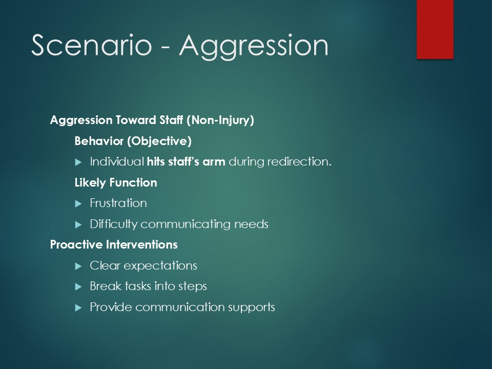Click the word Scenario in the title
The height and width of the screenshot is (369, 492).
pyautogui.click(x=92, y=45)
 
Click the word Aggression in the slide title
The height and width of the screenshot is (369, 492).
pyautogui.click(x=254, y=47)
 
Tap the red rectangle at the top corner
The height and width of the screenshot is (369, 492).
pyautogui.click(x=435, y=29)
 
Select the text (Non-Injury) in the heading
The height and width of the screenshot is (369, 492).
pyautogui.click(x=220, y=120)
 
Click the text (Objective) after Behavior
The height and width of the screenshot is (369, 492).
pyautogui.click(x=159, y=141)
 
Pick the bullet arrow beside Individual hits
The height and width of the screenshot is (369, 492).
pyautogui.click(x=78, y=162)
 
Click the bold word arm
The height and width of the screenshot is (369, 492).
pyautogui.click(x=214, y=162)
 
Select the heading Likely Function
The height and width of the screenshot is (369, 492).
pyautogui.click(x=116, y=182)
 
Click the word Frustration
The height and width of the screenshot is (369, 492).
pyautogui.click(x=118, y=203)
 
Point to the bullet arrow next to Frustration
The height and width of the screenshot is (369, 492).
pyautogui.click(x=78, y=204)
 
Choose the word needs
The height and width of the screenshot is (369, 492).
pyautogui.click(x=251, y=224)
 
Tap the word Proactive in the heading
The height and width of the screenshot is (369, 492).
pyautogui.click(x=76, y=245)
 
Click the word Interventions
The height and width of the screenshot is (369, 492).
pyautogui.click(x=142, y=245)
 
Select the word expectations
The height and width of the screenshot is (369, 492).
pyautogui.click(x=160, y=266)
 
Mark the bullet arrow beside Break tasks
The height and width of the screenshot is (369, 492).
pyautogui.click(x=78, y=287)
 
